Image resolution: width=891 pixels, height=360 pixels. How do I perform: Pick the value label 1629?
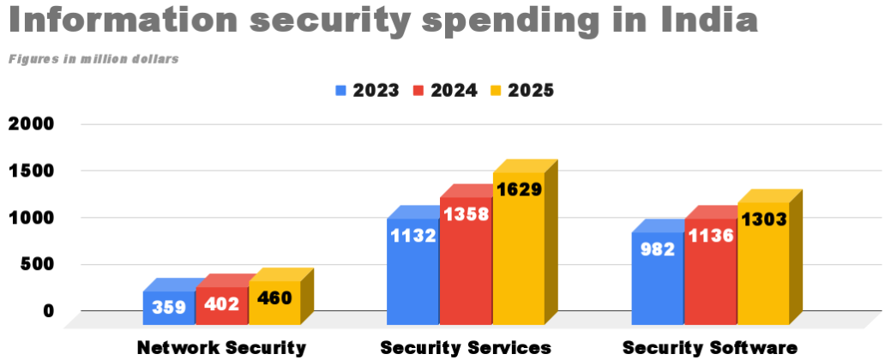point(518,189)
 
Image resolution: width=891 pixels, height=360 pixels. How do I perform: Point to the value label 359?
point(169,306)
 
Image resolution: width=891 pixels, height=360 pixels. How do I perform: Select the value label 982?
point(657,249)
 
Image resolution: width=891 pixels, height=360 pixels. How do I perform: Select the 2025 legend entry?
point(521,90)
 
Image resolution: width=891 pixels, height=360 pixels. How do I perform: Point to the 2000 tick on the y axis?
point(31,123)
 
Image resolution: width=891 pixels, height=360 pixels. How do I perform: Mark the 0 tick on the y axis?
point(48,310)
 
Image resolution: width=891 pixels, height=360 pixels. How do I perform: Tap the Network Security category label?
point(221,347)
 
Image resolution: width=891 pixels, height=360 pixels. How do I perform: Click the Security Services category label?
point(466,347)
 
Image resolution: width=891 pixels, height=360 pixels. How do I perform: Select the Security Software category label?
point(710,347)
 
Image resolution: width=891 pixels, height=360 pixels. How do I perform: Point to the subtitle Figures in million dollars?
point(93,59)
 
